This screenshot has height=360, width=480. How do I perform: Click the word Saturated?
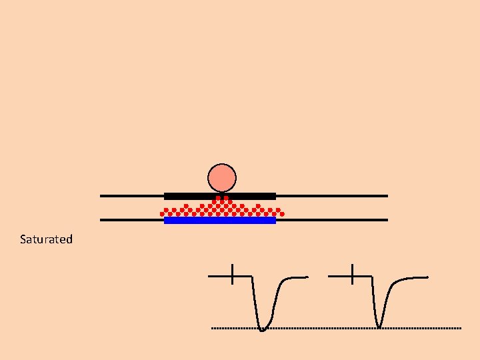tap(46, 239)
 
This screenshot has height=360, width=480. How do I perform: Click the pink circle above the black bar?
tap(222, 178)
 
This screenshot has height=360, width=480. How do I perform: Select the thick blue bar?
tap(220, 221)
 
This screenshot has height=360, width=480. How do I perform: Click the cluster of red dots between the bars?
tap(220, 208)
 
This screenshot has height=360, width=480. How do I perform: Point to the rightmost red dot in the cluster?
tap(282, 214)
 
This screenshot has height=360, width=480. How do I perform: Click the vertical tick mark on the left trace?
tap(232, 274)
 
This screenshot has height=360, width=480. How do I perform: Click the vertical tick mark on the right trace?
tap(351, 274)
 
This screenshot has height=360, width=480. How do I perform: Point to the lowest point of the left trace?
tap(262, 329)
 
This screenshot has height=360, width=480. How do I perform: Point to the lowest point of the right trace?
tap(379, 327)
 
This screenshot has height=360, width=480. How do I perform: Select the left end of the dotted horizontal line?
tap(213, 329)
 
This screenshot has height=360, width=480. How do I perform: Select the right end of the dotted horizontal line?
tap(459, 329)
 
